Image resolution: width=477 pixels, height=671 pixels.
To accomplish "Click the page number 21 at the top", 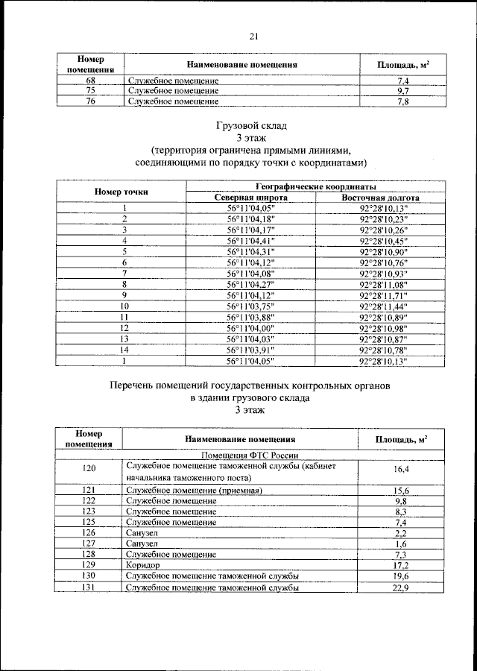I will point(253,36).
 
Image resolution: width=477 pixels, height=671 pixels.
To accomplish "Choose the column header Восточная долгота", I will point(380,198).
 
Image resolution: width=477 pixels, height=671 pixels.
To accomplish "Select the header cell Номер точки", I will point(121,192).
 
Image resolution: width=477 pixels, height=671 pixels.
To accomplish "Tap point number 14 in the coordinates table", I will point(124,350).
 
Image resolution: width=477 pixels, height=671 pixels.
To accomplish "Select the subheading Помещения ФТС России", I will point(246,454).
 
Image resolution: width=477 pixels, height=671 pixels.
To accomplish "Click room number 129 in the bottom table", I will point(89,566).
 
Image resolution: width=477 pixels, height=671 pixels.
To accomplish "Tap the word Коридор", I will point(143,566).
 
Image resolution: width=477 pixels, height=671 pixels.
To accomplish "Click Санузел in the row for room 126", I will point(142,533).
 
